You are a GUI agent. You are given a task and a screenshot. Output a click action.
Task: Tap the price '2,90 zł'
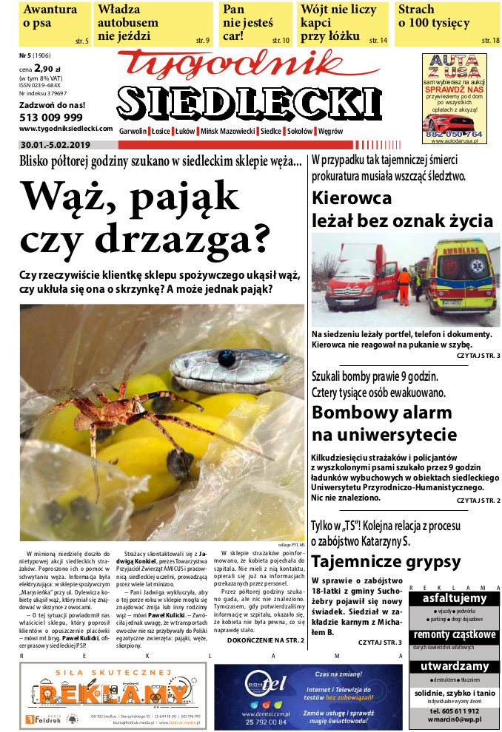tap(49, 70)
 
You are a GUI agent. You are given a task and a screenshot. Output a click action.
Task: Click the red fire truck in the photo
tap(361, 279)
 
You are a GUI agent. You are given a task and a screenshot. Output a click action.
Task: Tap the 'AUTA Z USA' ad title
tap(454, 65)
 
